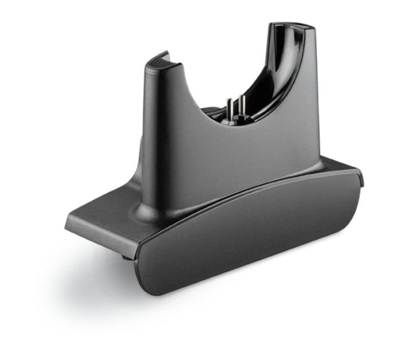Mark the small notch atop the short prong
click(163, 55)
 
